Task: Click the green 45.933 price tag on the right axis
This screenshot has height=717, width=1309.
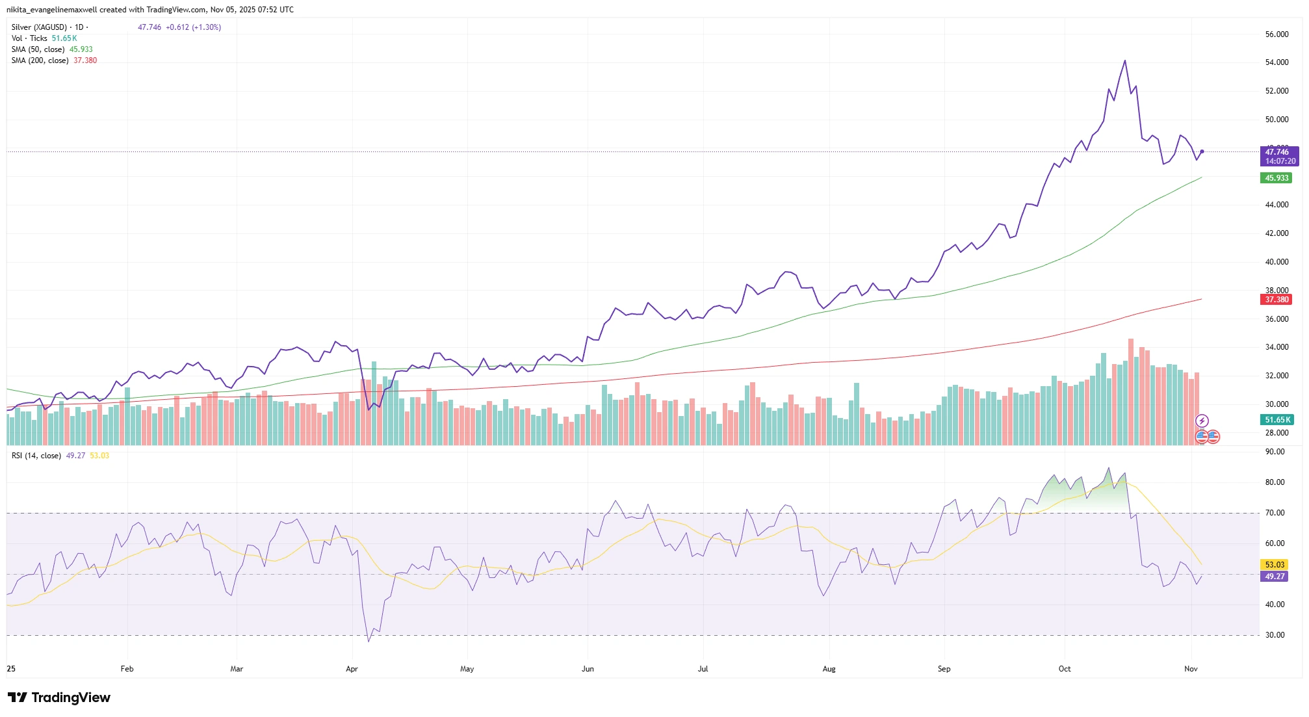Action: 1277,178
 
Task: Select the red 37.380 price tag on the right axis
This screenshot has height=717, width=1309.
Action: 1277,300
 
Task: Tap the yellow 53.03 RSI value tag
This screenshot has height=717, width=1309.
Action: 1275,565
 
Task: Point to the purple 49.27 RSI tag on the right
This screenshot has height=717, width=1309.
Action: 1275,577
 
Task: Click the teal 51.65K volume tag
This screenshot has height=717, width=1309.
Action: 1277,420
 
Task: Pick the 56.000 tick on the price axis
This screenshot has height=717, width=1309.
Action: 1277,34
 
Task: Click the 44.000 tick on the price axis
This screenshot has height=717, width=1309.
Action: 1277,205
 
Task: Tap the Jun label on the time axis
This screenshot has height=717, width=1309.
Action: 588,669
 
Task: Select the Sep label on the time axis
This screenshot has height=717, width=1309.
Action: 944,669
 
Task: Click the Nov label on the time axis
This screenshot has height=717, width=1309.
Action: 1191,669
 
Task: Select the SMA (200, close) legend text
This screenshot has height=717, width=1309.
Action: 40,60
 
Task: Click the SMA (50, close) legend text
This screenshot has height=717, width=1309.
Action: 38,49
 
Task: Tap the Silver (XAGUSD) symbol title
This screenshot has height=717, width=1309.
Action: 39,27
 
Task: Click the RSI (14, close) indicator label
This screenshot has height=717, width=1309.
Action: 36,456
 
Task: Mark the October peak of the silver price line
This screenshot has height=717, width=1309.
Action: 1125,61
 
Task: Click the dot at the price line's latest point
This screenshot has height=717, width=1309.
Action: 1202,151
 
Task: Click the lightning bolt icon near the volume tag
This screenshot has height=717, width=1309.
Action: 1202,421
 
